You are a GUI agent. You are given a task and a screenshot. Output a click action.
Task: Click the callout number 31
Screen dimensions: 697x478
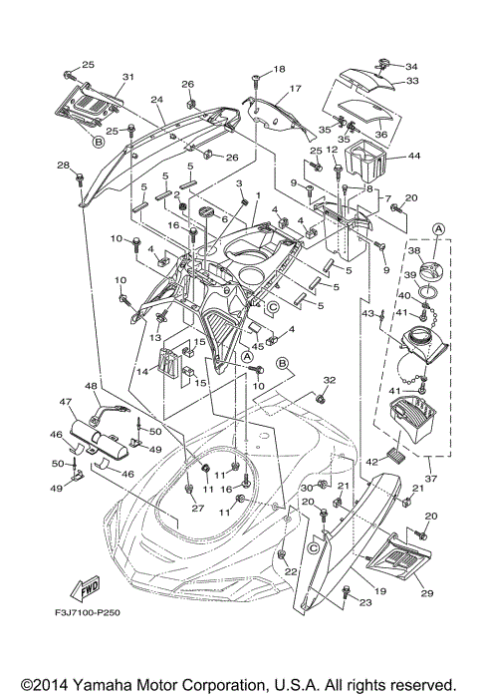[127, 77]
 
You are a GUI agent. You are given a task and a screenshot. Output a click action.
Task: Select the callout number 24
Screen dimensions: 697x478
[156, 100]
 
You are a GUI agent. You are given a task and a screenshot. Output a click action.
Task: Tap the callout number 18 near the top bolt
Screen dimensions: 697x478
[279, 69]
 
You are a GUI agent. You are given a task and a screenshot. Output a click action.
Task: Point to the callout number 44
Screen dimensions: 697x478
[414, 158]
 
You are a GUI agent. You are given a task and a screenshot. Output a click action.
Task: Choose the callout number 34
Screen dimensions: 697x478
[412, 67]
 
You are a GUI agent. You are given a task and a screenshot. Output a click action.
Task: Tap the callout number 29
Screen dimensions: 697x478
[428, 594]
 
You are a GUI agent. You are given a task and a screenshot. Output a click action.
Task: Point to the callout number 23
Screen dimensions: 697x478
[364, 602]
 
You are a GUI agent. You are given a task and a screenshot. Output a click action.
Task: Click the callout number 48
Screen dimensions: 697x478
[91, 386]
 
